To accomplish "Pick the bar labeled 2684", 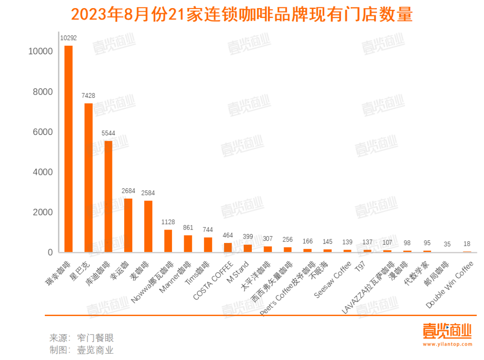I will pyautogui.click(x=128, y=225).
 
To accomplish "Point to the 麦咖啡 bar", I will pyautogui.click(x=148, y=226).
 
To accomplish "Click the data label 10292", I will pyautogui.click(x=69, y=38).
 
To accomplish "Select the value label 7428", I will pyautogui.click(x=88, y=95).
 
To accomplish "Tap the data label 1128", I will pyautogui.click(x=168, y=222).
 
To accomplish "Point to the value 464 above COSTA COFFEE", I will pyautogui.click(x=228, y=235).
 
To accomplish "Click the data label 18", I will pyautogui.click(x=467, y=244).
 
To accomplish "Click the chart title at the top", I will pyautogui.click(x=242, y=15).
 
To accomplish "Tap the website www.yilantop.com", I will pyautogui.click(x=447, y=344).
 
